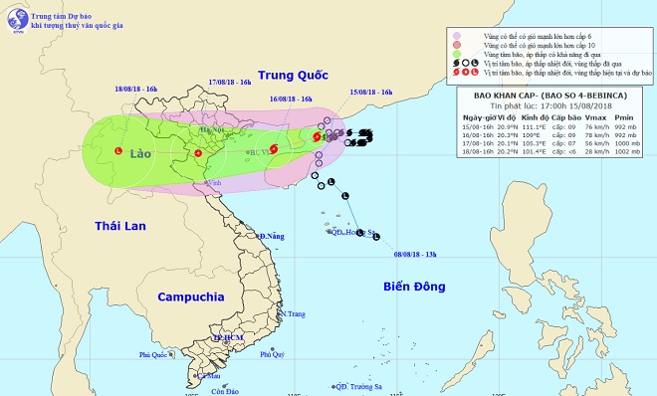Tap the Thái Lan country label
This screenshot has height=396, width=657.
point(120,226)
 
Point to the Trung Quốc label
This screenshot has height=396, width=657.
point(294,75)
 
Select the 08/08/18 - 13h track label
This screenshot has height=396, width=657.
point(419,254)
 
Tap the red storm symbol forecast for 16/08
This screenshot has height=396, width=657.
point(274,149)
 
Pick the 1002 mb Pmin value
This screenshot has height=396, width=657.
point(623,153)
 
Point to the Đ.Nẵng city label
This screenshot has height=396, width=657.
point(272,236)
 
